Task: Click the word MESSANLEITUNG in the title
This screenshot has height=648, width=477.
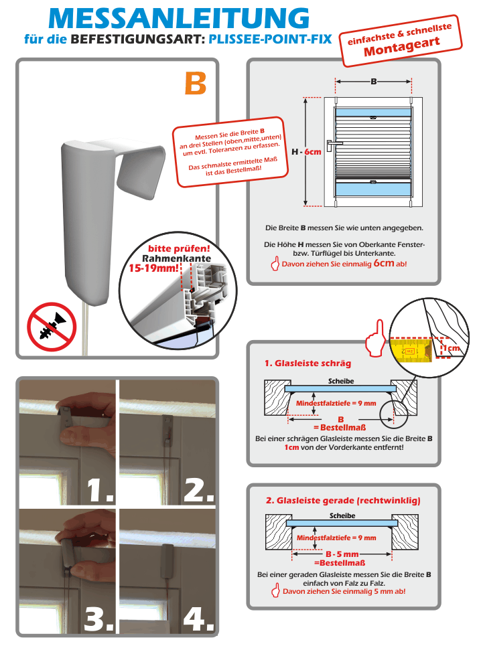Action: (179, 18)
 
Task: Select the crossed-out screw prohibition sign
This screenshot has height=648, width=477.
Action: (52, 327)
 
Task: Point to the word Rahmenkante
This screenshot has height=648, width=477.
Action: (176, 258)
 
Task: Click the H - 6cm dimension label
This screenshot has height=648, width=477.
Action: (305, 152)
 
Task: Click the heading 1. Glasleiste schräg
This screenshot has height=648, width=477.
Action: (308, 363)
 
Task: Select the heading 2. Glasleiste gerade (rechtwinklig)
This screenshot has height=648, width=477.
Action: (343, 499)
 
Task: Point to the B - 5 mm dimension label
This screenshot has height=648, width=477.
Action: (342, 554)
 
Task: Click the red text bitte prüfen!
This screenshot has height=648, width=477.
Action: (174, 248)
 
